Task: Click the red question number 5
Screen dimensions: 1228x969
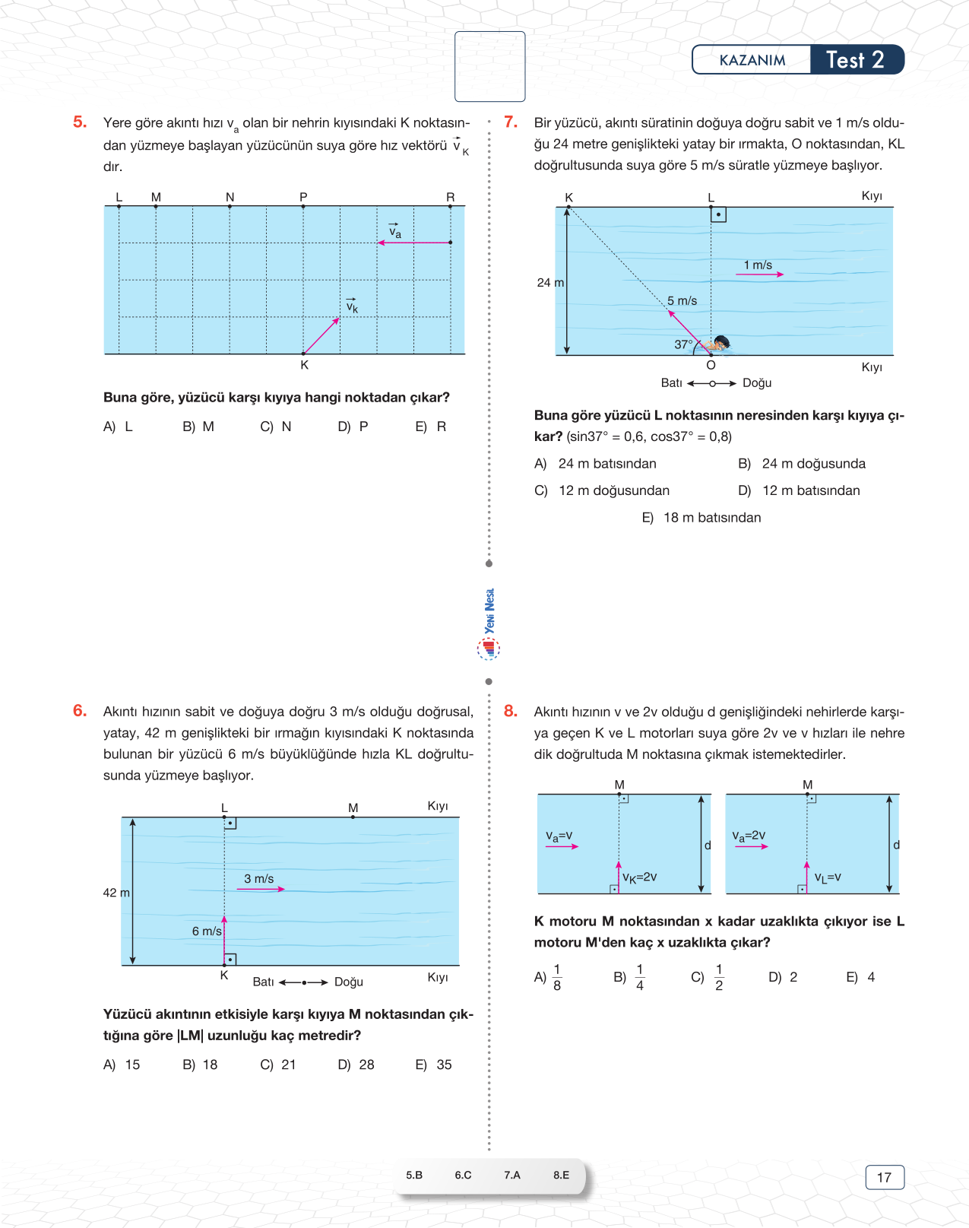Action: click(x=80, y=122)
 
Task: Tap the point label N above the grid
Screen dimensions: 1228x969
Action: click(x=230, y=197)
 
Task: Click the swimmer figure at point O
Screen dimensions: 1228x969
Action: click(x=718, y=344)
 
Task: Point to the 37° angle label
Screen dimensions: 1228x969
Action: click(x=683, y=344)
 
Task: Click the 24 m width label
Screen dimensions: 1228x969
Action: click(x=550, y=283)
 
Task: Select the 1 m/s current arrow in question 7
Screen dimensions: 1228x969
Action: click(x=759, y=274)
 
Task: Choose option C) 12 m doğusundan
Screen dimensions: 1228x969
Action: click(x=602, y=490)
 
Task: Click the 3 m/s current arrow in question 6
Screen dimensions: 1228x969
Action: click(x=261, y=889)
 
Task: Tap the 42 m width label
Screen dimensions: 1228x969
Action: click(x=116, y=893)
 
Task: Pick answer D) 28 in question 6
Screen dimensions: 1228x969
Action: click(x=356, y=1065)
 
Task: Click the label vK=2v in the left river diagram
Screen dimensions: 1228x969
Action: click(x=639, y=877)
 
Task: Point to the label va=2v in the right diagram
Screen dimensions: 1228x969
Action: click(x=749, y=836)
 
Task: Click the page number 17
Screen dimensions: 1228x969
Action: click(x=884, y=1177)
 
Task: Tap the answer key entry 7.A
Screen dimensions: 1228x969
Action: click(x=512, y=1175)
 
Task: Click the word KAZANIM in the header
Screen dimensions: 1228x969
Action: click(x=752, y=60)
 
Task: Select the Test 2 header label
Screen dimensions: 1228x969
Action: click(x=855, y=60)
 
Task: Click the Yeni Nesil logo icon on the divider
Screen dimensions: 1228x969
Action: click(x=489, y=648)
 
